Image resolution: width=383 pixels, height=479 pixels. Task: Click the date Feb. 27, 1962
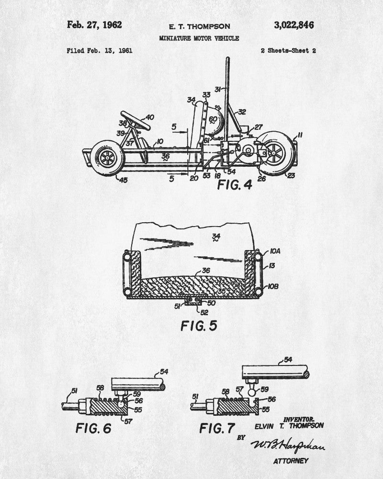tap(95, 25)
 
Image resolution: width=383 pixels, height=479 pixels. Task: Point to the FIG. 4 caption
tap(235, 184)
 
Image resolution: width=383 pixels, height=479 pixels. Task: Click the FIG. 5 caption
tap(199, 326)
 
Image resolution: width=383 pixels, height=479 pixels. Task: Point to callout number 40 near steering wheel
tap(149, 117)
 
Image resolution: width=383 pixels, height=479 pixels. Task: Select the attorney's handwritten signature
tap(287, 446)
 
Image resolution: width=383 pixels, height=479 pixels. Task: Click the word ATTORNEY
tap(291, 461)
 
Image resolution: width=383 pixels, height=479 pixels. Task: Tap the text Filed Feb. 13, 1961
tap(100, 50)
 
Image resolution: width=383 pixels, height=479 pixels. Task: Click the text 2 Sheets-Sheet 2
tap(289, 50)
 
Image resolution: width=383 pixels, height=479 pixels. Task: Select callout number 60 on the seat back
tap(213, 119)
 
